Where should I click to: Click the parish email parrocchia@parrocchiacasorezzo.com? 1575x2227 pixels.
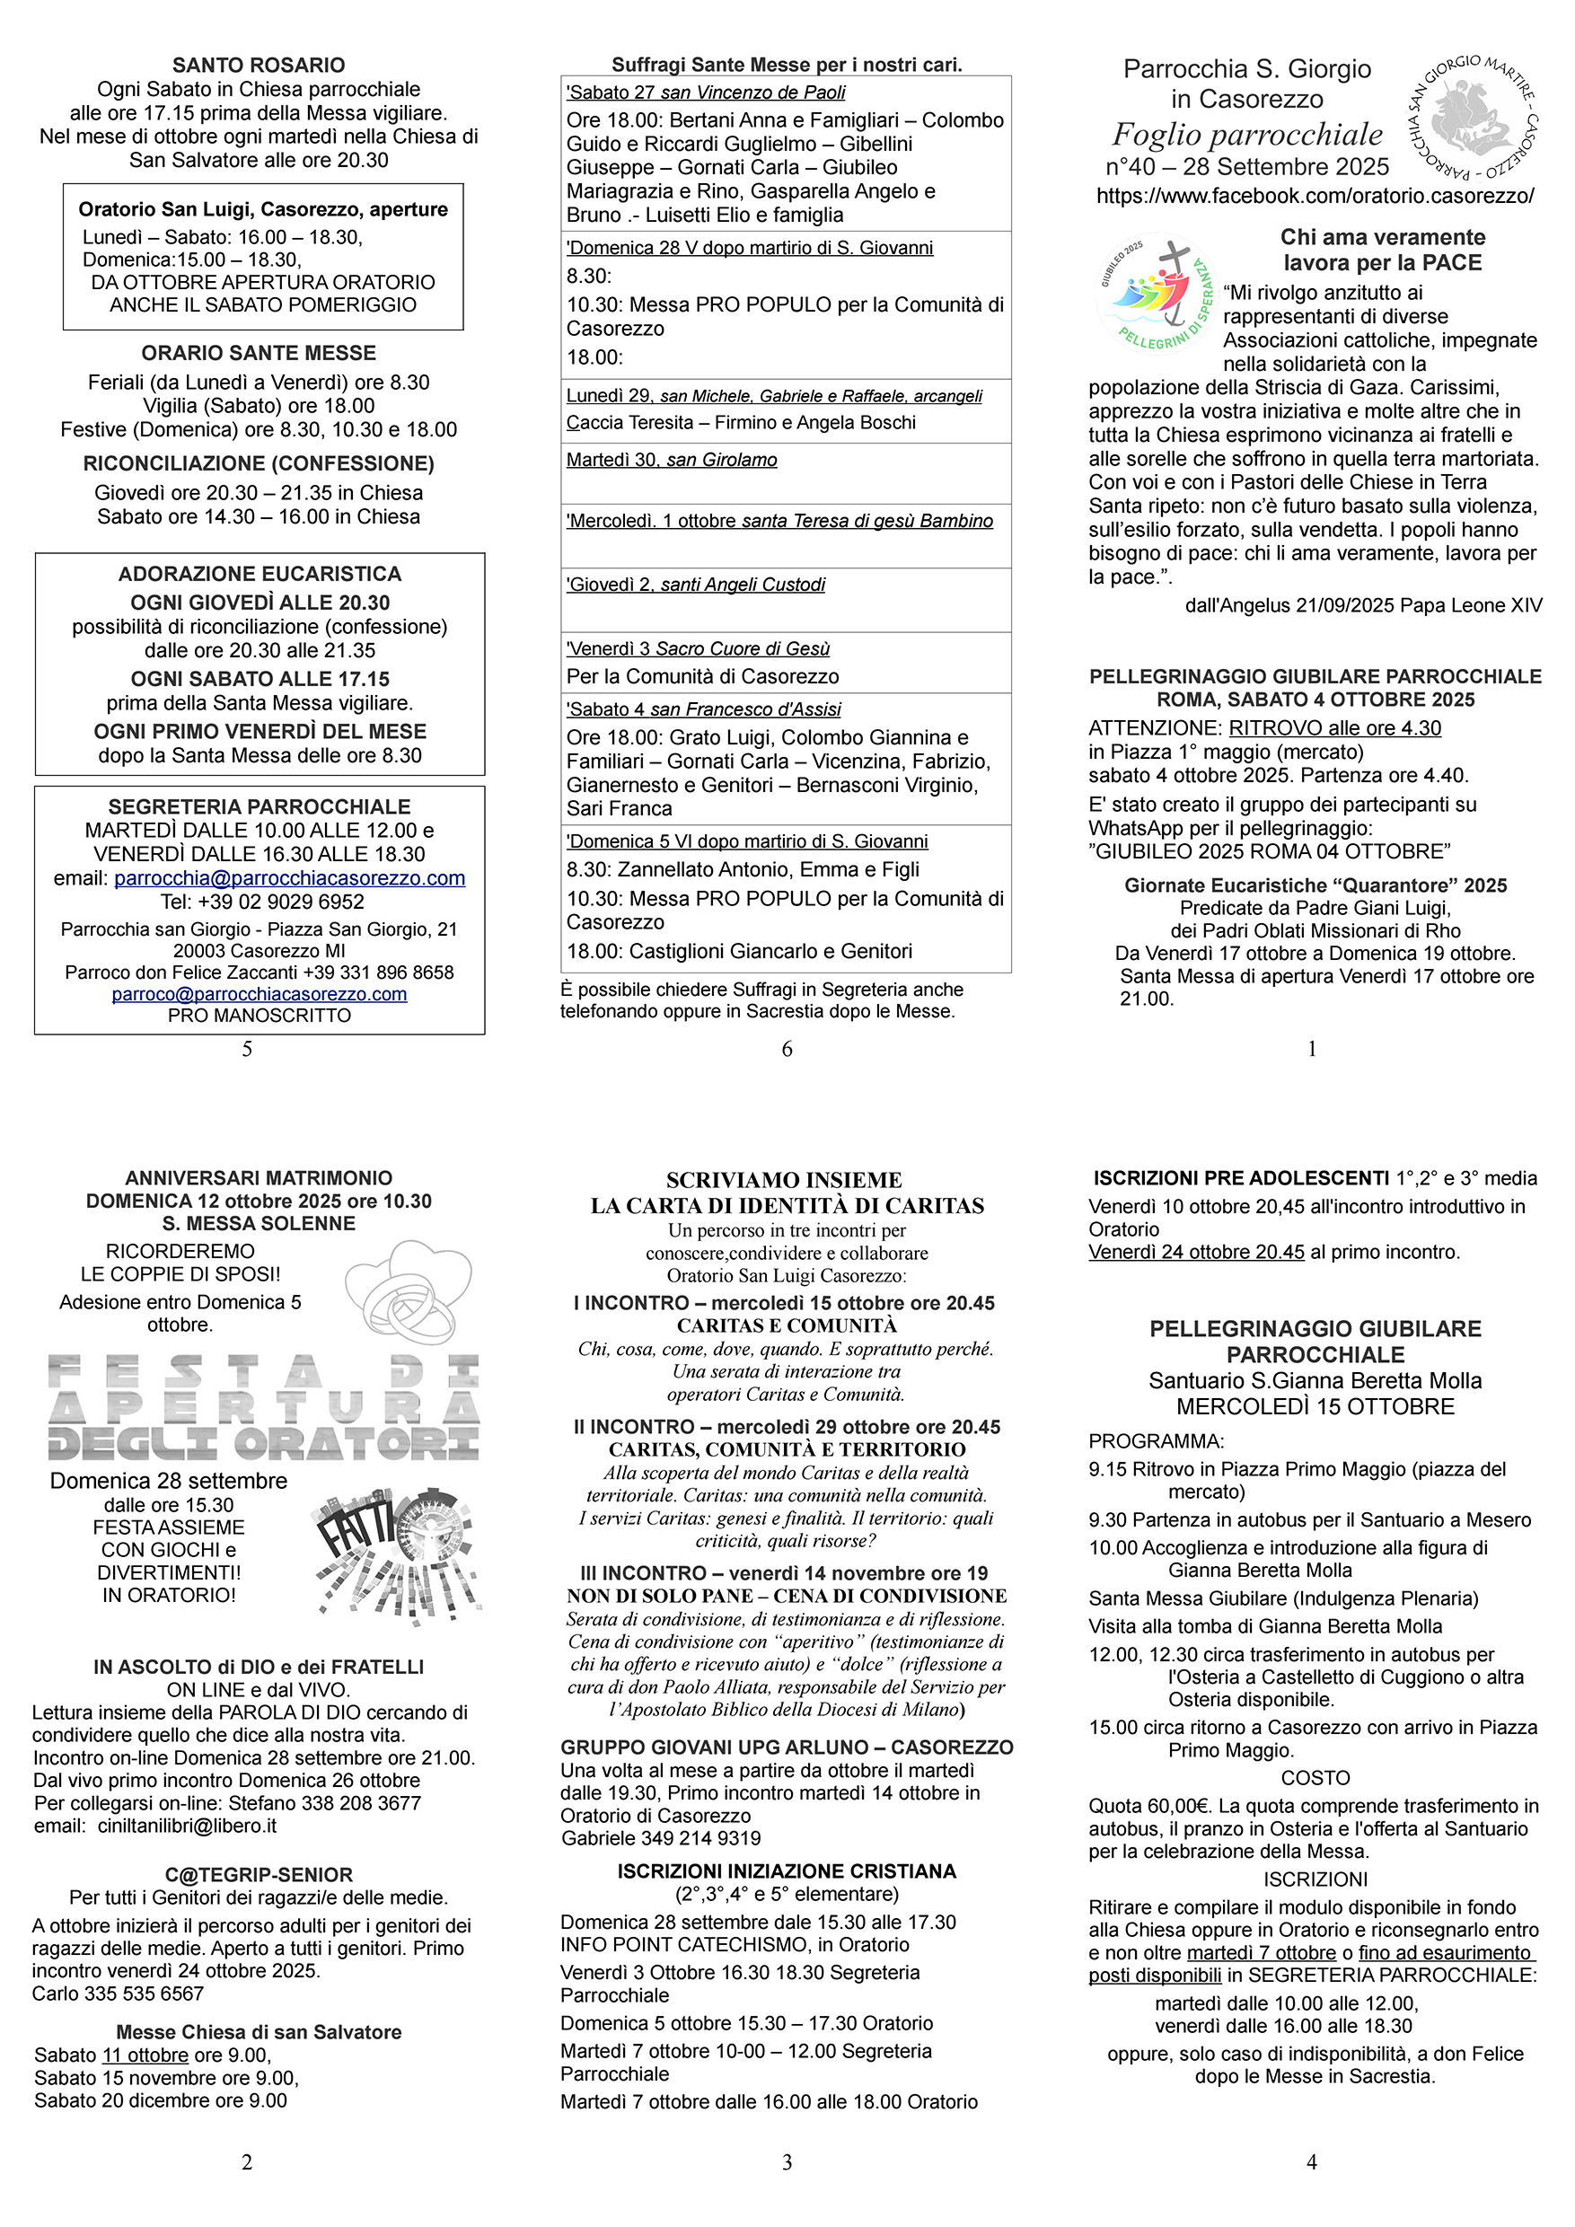(289, 879)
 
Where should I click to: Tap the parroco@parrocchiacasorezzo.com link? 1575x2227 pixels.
(259, 994)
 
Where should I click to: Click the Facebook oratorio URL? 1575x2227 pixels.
(1315, 196)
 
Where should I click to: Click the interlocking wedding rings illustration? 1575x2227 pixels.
(409, 1292)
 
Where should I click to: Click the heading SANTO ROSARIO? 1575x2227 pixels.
(259, 65)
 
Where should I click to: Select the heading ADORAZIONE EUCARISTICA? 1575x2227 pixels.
(260, 574)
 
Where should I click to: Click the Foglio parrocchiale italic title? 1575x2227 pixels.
(1246, 135)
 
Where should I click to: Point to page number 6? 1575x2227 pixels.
(787, 1049)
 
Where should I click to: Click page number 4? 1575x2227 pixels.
(1311, 2162)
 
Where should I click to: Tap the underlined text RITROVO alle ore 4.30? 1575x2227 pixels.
(1334, 728)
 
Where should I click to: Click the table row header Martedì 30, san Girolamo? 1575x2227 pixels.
(672, 460)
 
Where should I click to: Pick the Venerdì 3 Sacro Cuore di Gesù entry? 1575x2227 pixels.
(699, 649)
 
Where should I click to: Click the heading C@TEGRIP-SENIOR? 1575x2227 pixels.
(259, 1875)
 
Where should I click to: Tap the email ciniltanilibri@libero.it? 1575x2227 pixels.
(186, 1826)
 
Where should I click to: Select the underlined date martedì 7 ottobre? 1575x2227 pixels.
(1261, 1953)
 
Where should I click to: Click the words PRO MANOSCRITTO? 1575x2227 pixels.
(259, 1016)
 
